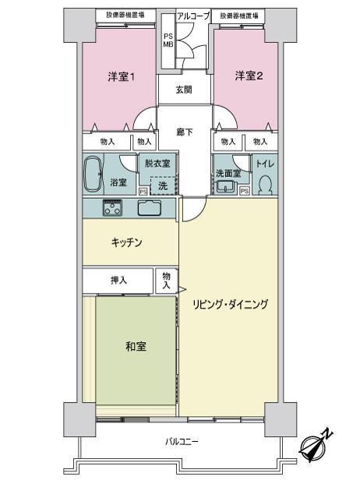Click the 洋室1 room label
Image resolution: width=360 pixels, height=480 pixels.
122,76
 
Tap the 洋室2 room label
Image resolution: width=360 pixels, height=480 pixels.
249,76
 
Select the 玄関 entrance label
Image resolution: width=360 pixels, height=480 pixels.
184,90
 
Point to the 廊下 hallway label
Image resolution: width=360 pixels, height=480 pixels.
185,132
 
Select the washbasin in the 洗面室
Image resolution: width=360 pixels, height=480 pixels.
227,186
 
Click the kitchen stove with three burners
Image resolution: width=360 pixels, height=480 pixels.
112,208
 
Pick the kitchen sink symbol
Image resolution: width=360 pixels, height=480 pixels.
149,208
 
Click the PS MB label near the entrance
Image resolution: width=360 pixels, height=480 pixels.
168,41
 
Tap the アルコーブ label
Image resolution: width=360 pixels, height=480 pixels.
193,16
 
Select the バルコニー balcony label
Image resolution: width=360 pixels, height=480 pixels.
182,441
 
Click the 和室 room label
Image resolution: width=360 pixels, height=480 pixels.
136,347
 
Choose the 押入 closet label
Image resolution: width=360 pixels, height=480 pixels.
118,280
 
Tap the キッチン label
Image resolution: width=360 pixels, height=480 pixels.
126,242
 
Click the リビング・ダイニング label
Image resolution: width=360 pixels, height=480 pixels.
230,304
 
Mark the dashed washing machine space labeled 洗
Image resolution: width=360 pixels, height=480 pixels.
164,185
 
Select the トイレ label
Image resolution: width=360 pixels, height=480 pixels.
265,164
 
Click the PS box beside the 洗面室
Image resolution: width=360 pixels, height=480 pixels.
245,192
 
